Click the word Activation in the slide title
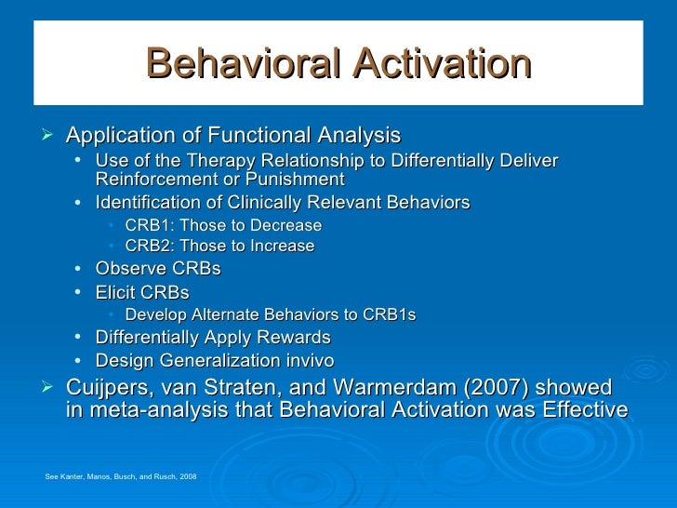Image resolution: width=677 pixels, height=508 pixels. (434, 66)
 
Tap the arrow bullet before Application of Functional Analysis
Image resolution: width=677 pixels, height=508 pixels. (50, 136)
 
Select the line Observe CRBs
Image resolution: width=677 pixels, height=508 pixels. (158, 269)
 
